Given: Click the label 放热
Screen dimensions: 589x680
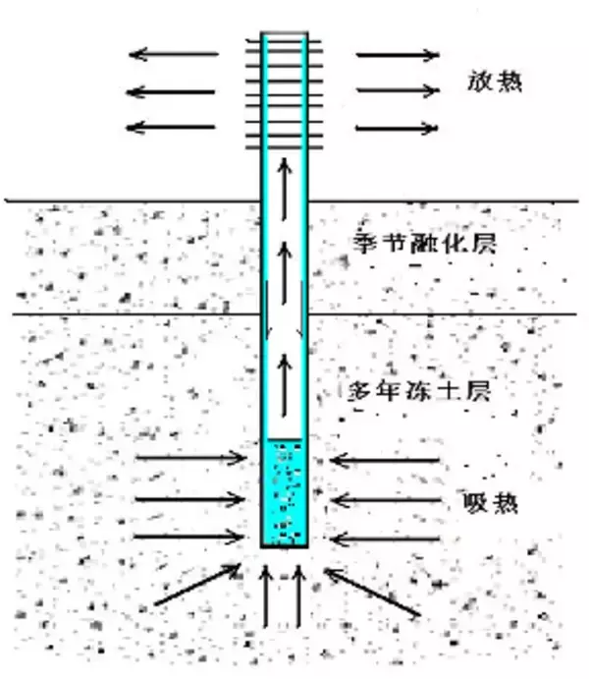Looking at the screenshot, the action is (x=495, y=82).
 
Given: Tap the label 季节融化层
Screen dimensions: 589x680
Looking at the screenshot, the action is (x=425, y=244).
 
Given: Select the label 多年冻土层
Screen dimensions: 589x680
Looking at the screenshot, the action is (x=420, y=392).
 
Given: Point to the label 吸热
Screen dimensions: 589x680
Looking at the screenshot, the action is (x=490, y=503).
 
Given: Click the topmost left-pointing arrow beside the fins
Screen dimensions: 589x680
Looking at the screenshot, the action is (x=174, y=54).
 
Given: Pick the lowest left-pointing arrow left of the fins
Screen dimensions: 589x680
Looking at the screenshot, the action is (x=170, y=128).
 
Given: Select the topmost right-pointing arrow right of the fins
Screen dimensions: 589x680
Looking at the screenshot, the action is (x=398, y=55).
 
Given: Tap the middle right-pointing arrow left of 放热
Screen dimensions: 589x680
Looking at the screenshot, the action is (x=398, y=90).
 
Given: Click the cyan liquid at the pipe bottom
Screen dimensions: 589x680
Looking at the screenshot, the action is (x=285, y=491).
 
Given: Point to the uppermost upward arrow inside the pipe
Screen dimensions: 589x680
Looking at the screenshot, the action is (x=284, y=189).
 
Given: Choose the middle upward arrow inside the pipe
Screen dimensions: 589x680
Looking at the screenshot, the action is (x=284, y=273).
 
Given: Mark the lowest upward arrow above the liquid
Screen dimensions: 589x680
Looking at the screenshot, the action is (x=284, y=385).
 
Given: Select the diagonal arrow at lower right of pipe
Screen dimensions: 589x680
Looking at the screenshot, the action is (x=372, y=592).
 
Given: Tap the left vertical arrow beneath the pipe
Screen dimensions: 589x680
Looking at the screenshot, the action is (x=266, y=596).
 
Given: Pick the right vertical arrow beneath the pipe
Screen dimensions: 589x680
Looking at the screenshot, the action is (x=298, y=596).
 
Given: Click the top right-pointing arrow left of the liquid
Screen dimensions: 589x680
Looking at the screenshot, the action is (x=191, y=458).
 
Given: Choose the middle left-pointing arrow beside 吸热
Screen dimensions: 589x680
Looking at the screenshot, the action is (x=386, y=500).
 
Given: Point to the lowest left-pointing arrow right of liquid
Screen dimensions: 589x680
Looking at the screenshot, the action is (x=385, y=539).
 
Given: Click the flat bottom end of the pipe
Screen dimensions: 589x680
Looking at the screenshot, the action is (x=285, y=546).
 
